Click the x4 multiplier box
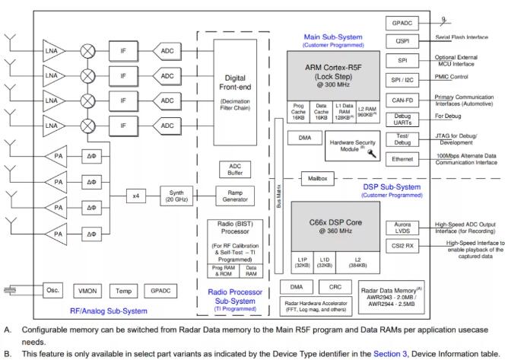[136, 196]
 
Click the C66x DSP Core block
[335, 225]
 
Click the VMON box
[88, 291]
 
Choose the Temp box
[124, 291]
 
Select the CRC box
[336, 286]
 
